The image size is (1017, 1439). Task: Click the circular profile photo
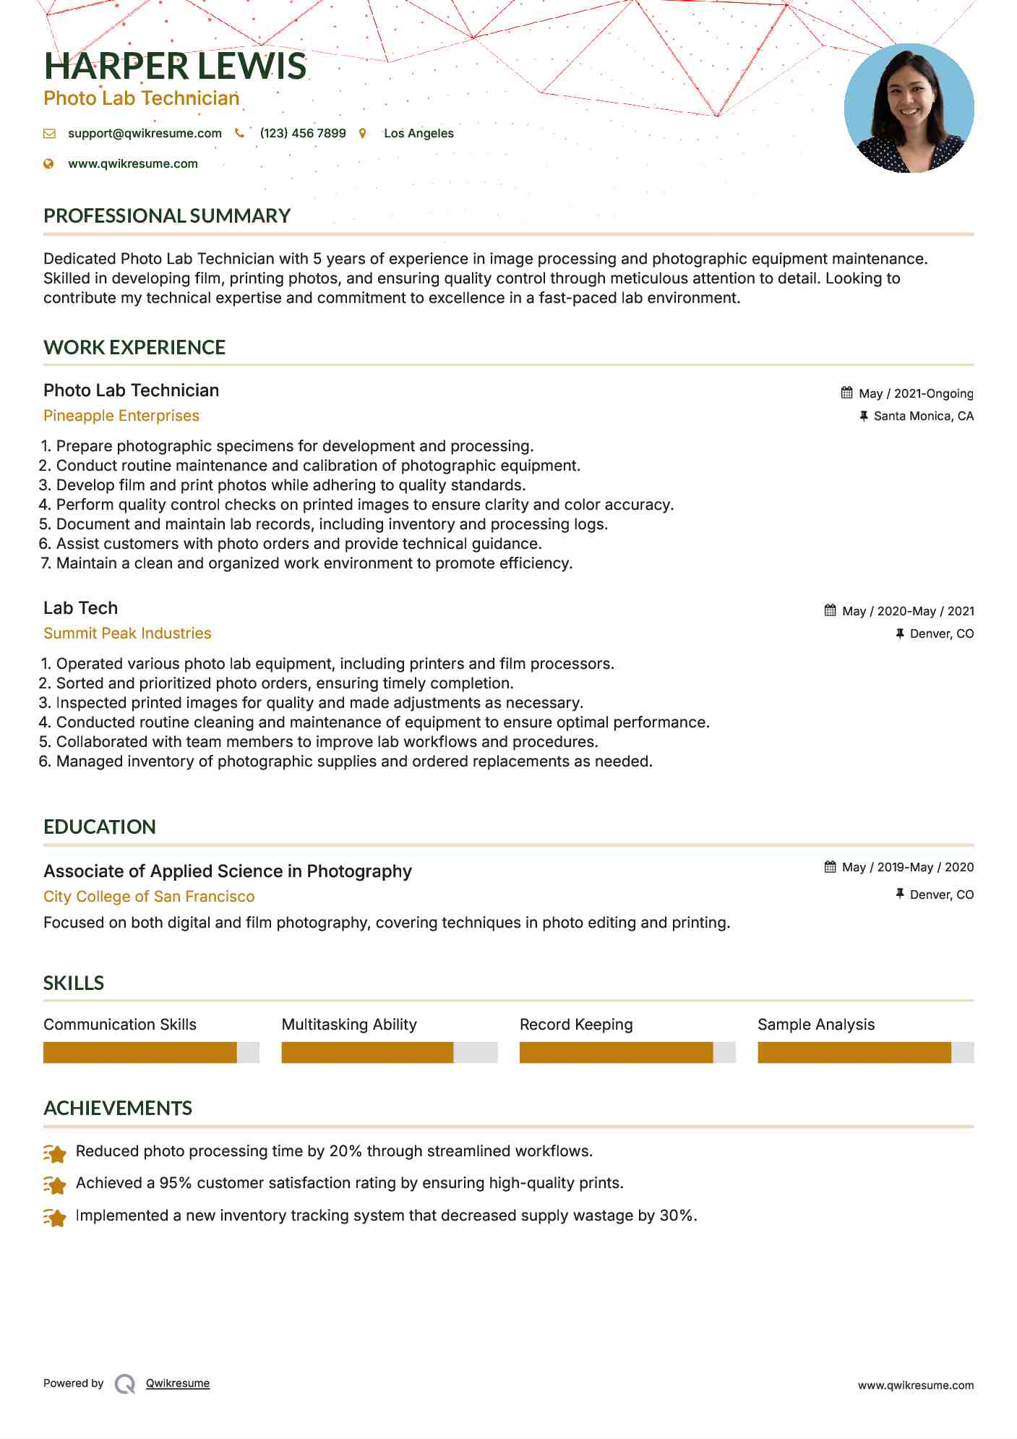(x=909, y=108)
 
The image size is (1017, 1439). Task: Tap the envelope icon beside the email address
(x=49, y=134)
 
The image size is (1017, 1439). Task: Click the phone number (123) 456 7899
(x=303, y=134)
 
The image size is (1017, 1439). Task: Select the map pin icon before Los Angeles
(x=363, y=134)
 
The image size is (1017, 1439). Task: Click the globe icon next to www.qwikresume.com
(x=49, y=164)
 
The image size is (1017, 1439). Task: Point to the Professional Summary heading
(x=167, y=216)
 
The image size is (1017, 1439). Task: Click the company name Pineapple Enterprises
(x=121, y=416)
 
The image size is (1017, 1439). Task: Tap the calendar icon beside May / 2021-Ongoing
(x=846, y=393)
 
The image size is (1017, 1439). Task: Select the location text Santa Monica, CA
(x=923, y=417)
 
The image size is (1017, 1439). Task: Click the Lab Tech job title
(x=80, y=608)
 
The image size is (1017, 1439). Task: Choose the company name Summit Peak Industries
(x=127, y=633)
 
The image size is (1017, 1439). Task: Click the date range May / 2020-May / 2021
(x=908, y=612)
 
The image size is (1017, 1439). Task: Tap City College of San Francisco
(x=149, y=897)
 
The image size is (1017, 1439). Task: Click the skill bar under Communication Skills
(x=151, y=1053)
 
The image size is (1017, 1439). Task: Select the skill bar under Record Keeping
(x=627, y=1053)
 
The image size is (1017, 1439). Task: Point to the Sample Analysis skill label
(x=815, y=1025)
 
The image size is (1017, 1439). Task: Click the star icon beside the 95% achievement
(x=55, y=1184)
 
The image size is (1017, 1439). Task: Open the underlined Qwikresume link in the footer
(x=178, y=1383)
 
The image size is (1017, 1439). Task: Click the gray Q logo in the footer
(x=125, y=1384)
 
